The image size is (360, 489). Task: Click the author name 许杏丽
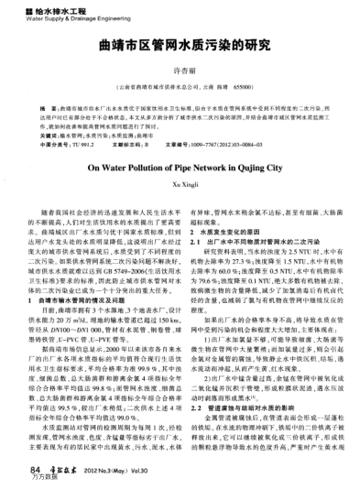coord(180,71)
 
